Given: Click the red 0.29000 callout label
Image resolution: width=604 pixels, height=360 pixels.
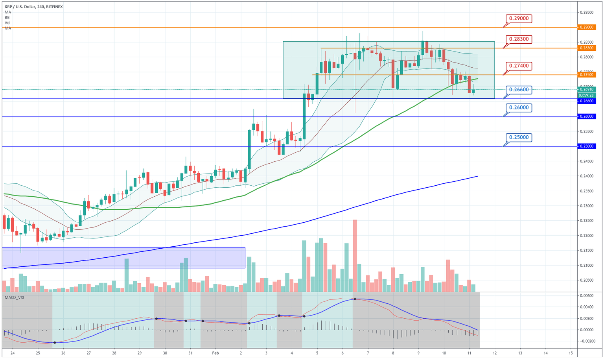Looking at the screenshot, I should (519, 18).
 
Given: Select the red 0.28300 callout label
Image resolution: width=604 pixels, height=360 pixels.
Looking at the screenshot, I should (519, 39).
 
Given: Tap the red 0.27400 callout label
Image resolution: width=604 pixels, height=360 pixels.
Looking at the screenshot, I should (519, 66).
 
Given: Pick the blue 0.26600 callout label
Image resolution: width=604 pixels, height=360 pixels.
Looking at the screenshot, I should (519, 90).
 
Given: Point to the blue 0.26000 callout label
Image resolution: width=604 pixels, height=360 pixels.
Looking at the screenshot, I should (519, 107).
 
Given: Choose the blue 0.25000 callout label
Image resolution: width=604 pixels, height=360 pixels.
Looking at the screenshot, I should (519, 138).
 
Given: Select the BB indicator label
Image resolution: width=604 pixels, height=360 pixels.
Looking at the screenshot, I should (7, 17).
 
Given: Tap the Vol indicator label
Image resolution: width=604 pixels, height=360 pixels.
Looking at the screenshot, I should (7, 23).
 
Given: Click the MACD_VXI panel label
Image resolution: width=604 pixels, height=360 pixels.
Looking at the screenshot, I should (14, 297).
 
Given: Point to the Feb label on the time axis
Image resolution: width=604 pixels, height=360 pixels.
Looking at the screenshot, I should (216, 353).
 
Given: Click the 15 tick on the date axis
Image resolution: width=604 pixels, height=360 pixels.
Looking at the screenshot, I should (571, 353).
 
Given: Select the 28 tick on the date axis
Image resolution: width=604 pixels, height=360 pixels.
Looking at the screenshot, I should (114, 353).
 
